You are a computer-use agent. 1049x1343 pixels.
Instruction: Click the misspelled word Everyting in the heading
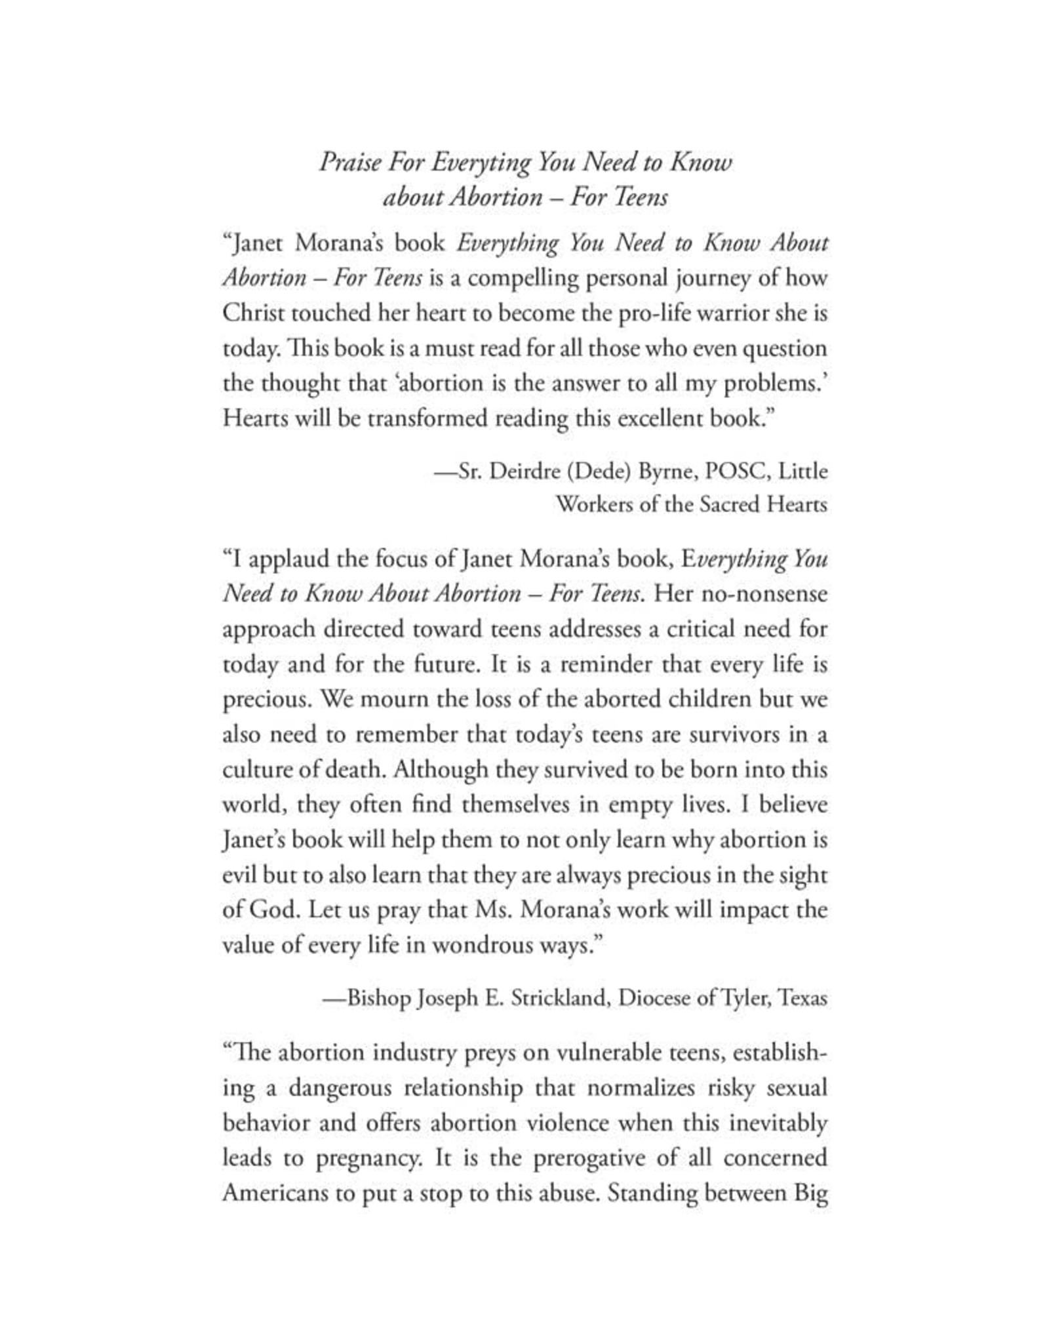[x=480, y=163]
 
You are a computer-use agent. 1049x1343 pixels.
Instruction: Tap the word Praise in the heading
[x=349, y=162]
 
